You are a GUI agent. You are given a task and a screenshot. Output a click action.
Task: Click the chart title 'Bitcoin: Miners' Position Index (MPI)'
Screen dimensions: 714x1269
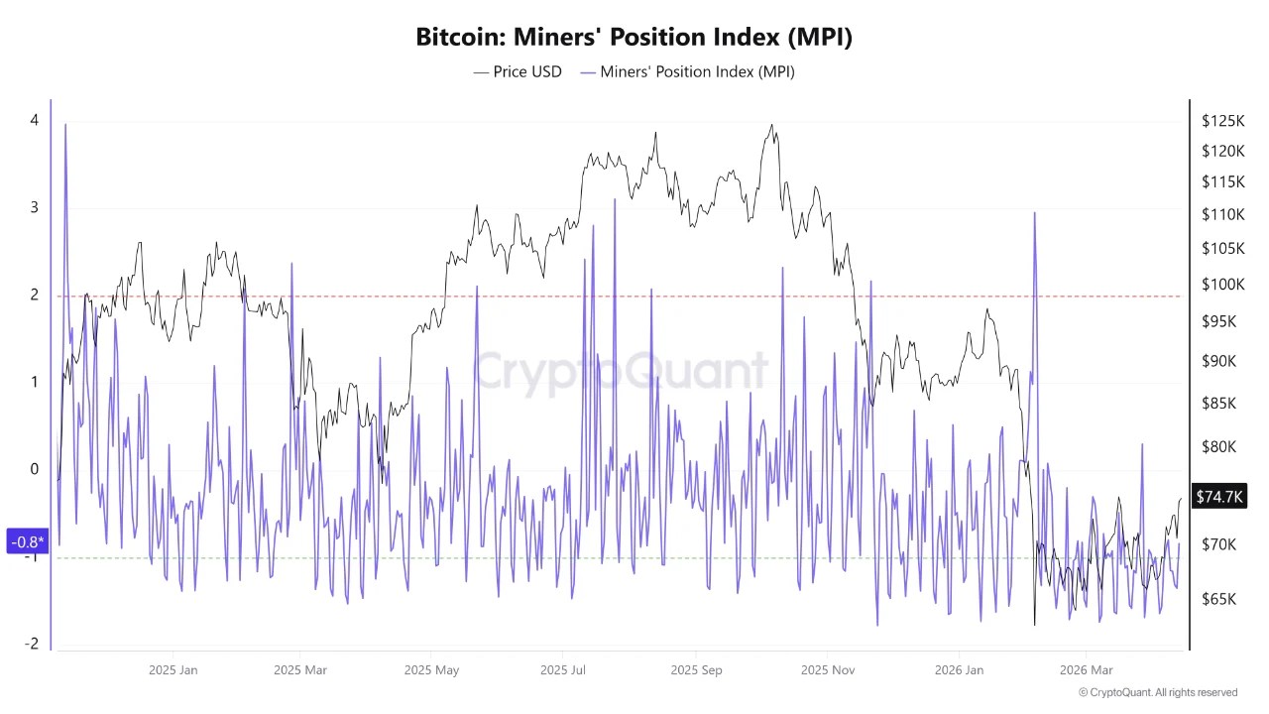coord(634,37)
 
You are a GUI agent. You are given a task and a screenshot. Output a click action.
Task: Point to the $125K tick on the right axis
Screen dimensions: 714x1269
coord(1222,121)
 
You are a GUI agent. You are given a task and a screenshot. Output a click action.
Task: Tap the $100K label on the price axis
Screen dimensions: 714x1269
coord(1222,285)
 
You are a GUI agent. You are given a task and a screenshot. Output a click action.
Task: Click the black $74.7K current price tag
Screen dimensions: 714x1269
coord(1219,497)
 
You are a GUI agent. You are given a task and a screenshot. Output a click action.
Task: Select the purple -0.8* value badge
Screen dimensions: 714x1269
coord(27,541)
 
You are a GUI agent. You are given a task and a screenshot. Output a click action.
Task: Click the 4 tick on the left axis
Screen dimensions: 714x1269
coord(35,120)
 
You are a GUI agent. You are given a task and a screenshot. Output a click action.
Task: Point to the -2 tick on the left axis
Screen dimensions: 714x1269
coord(32,644)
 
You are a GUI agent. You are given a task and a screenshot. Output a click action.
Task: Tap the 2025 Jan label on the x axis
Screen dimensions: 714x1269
coord(173,670)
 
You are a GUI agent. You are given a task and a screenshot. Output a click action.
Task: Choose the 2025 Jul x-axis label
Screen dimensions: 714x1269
coord(564,670)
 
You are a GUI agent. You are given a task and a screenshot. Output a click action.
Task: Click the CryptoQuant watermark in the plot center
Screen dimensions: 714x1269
coord(621,372)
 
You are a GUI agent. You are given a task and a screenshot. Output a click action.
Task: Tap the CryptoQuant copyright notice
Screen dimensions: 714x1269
coord(1157,692)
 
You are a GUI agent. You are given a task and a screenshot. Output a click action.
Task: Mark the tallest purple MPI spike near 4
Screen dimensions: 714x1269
coord(65,125)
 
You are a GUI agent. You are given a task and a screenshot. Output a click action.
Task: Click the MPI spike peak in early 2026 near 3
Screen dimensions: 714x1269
coord(1034,213)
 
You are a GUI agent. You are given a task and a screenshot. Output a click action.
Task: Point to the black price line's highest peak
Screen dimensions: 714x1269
coord(771,126)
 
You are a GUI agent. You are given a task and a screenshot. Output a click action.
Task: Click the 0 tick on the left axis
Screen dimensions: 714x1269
coord(35,469)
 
